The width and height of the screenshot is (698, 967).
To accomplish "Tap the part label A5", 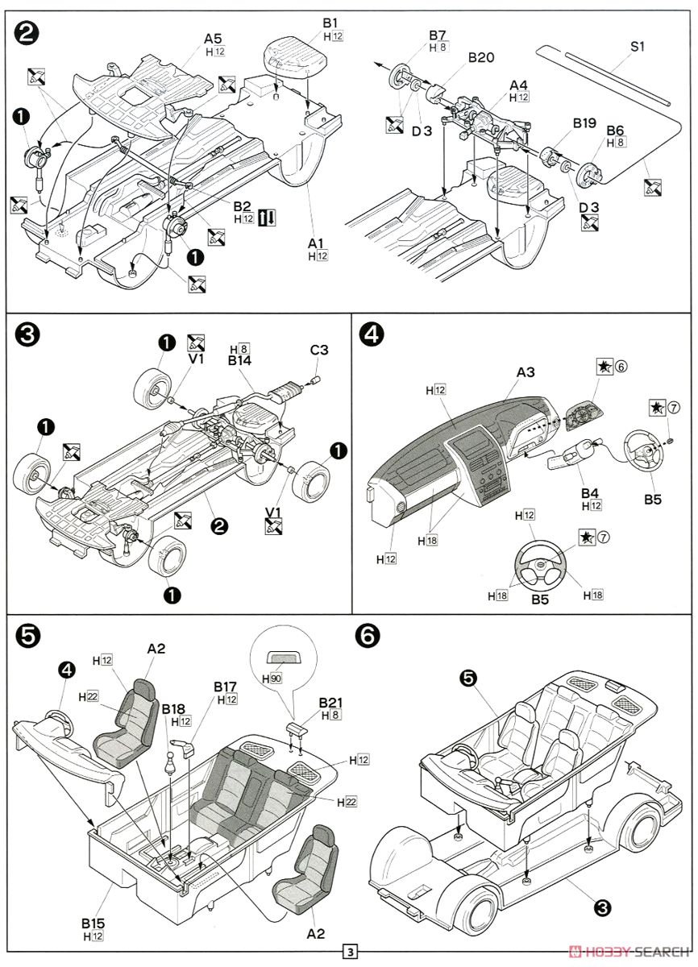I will [213, 38].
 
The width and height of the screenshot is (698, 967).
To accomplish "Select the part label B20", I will [481, 58].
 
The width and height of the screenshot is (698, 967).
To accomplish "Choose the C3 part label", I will [320, 350].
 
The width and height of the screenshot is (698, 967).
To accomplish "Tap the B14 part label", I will [239, 362].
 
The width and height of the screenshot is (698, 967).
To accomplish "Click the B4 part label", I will [590, 492].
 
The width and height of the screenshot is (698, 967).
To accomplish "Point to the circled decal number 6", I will [621, 367].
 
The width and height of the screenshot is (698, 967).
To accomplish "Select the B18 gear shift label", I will [173, 708].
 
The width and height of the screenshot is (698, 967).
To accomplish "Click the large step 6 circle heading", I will [368, 636].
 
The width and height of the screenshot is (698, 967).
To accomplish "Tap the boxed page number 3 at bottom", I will [349, 952].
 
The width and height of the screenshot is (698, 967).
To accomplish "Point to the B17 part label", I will [225, 687].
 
